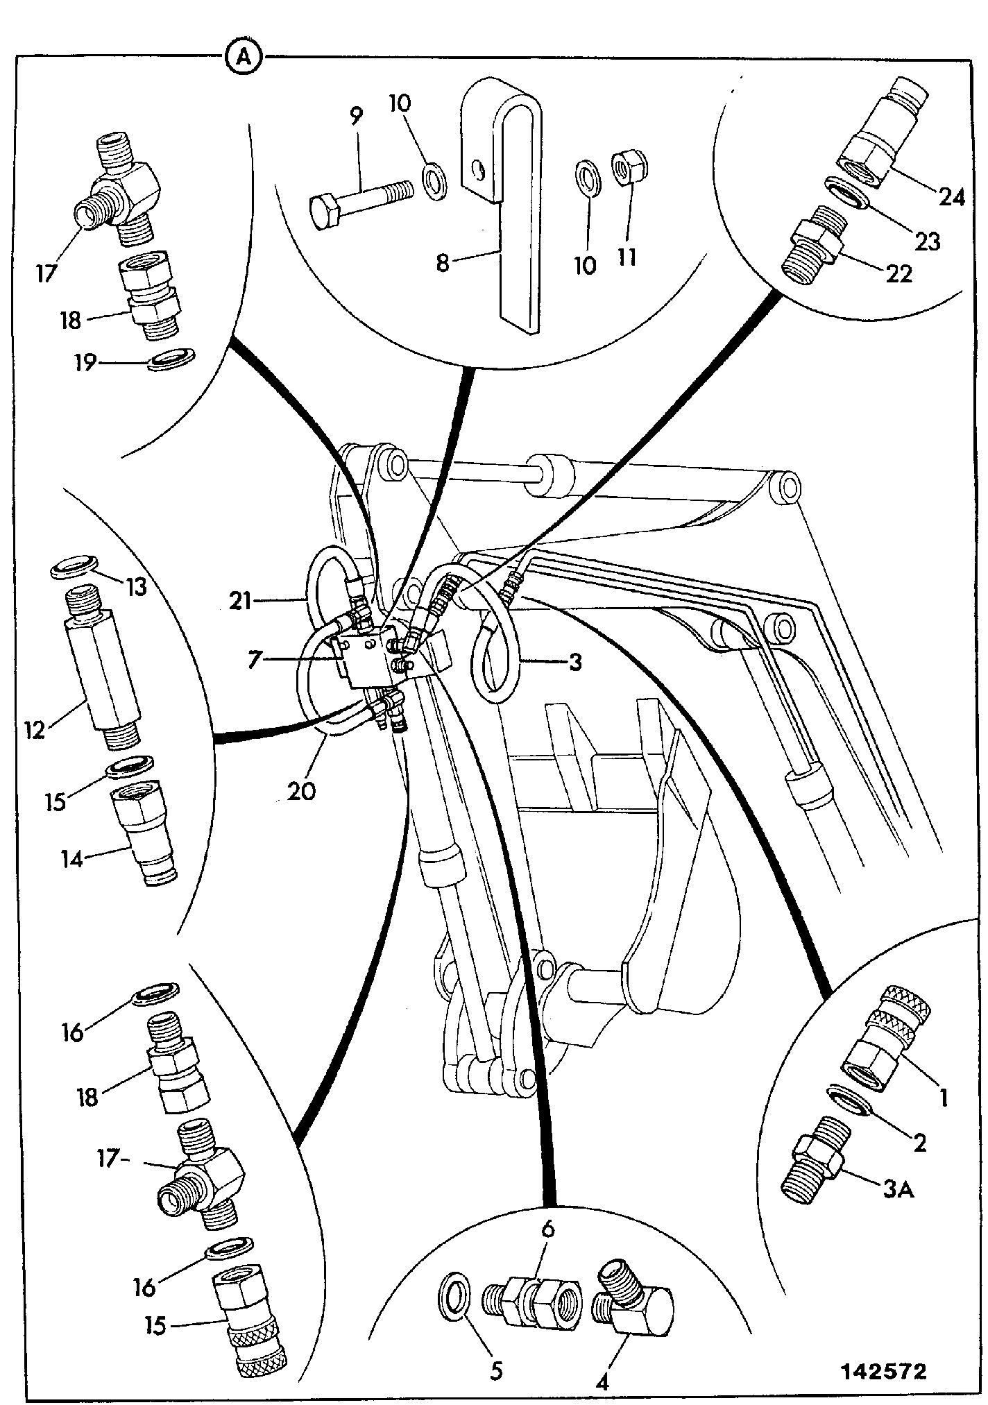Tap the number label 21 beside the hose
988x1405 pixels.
[x=240, y=600]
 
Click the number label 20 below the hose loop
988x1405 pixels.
[x=301, y=790]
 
